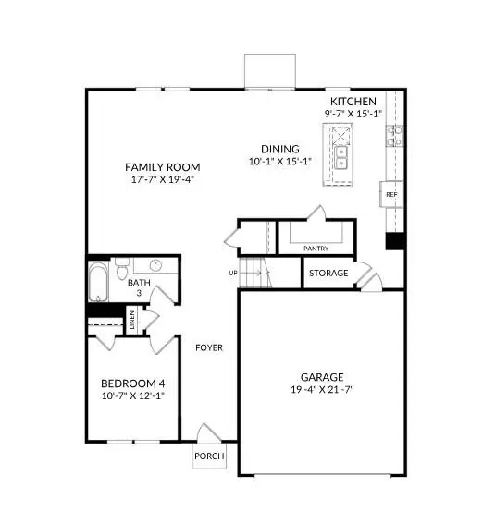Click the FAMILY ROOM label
163,167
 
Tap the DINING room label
279,149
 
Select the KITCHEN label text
353,101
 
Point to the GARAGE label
321,377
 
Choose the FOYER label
209,347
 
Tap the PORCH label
208,456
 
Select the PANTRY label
316,249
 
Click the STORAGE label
328,274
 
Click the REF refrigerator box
391,195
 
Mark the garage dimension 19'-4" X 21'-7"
321,390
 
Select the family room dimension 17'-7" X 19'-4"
163,180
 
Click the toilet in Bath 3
120,271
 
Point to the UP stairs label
234,273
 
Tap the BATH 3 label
140,287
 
